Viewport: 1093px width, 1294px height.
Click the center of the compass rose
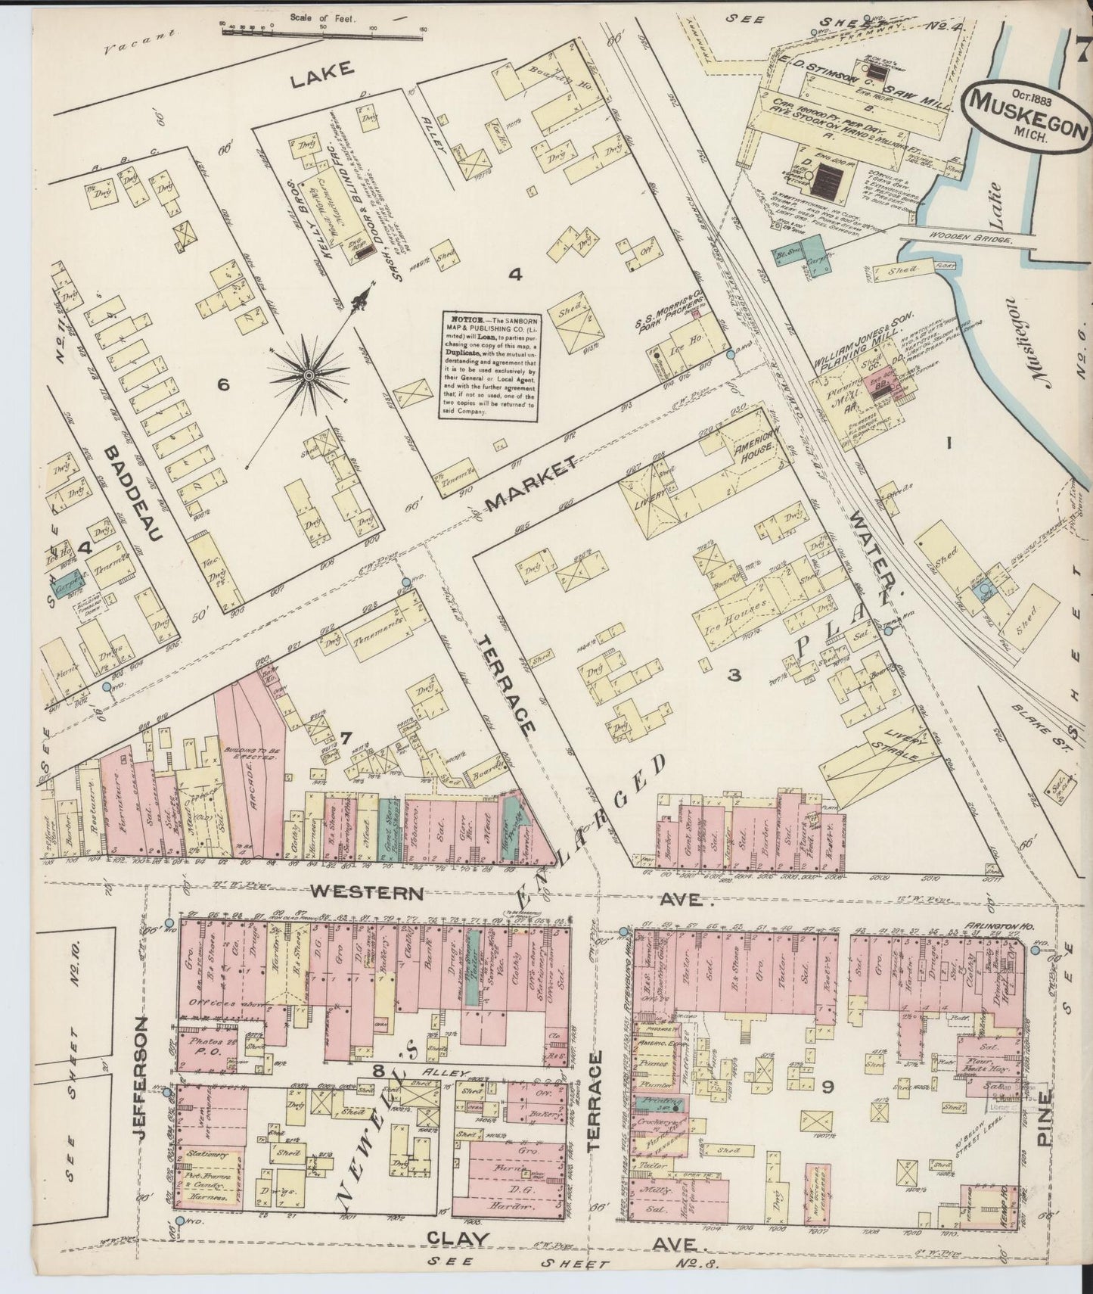[x=310, y=375]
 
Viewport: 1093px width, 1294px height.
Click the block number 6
[x=222, y=384]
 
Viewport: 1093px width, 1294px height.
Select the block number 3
[x=733, y=675]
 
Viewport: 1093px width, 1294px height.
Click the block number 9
[x=828, y=1088]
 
